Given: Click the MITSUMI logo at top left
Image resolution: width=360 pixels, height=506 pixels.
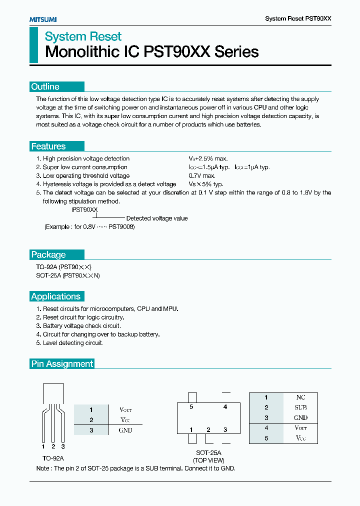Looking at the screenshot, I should coord(43,19).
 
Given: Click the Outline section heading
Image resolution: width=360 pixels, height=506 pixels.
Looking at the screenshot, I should coord(45,86).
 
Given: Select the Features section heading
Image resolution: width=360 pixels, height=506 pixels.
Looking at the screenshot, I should coord(48,146).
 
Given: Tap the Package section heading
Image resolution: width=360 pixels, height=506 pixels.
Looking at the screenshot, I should coord(48,254).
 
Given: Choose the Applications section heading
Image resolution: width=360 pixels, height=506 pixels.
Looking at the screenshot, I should coord(55,296).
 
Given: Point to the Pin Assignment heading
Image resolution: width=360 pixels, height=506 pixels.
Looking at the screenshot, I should coord(62,364).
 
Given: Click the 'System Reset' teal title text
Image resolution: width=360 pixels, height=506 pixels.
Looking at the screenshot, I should coord(83,36).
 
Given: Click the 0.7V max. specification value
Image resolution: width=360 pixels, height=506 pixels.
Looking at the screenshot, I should coord(202,175).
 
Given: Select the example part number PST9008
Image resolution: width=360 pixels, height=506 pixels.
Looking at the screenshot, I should coord(122,226).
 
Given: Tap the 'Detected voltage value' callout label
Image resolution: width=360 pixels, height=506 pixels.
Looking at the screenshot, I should coord(156,218).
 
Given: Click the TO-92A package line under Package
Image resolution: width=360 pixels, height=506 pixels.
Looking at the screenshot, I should coord(64,267).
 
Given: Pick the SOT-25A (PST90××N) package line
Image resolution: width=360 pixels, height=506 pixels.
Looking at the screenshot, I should coord(67,275).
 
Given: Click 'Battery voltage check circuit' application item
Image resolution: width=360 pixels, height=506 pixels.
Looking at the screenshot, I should coord(81,326).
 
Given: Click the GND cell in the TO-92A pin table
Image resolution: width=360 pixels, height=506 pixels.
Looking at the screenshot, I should coord(125,430).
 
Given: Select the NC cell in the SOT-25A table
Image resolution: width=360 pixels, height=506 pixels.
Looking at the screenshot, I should coord(300,397).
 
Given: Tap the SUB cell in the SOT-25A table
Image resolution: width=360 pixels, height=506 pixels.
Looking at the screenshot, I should coord(300,407).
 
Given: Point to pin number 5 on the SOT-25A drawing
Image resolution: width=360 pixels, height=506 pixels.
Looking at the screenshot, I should coord(191,407).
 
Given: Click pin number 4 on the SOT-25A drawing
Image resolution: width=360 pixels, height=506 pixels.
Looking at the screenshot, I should coord(225,407).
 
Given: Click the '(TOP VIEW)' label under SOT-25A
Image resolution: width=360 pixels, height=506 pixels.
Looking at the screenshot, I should coord(209,460).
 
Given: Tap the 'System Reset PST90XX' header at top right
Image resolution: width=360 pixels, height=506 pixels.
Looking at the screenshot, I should coord(298,18).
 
